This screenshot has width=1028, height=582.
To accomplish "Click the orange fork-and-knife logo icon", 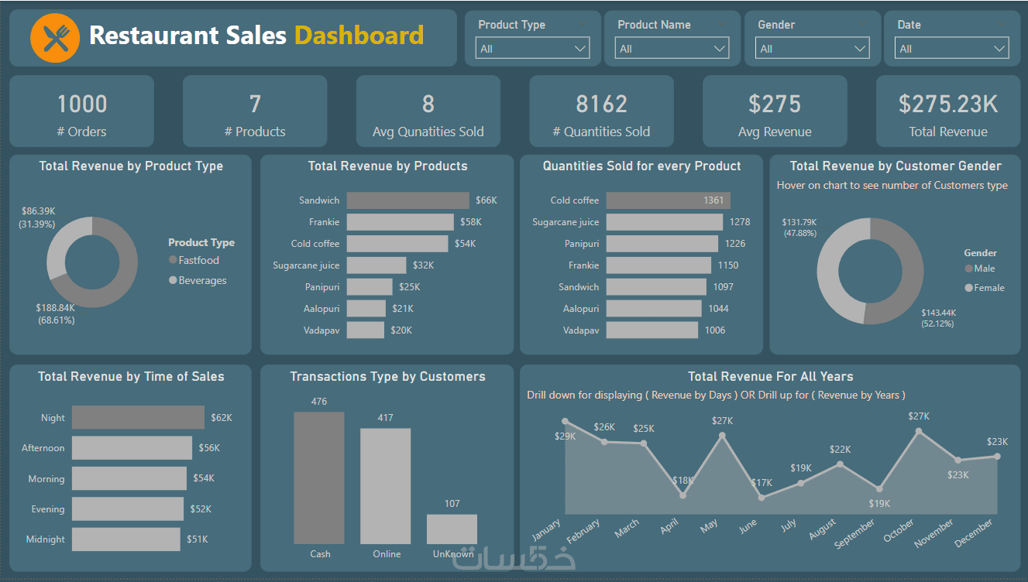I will click(x=55, y=38).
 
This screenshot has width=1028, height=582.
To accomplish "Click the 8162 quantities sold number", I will click(x=601, y=104).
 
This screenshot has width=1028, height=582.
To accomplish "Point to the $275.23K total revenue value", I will click(x=947, y=104).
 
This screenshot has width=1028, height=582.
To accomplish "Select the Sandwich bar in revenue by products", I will click(x=407, y=200).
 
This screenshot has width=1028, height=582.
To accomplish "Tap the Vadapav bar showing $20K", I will click(x=366, y=330).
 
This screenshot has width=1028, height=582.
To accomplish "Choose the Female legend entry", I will click(x=988, y=288).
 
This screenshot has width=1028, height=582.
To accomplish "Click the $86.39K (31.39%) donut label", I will click(x=38, y=217).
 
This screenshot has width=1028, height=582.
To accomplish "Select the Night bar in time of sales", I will click(x=138, y=418).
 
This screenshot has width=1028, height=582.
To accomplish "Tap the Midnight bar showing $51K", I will click(x=125, y=539).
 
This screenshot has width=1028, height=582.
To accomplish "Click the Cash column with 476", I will click(x=319, y=478).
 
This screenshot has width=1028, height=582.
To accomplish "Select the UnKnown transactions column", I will click(x=452, y=529).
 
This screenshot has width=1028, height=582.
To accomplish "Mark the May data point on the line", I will click(x=723, y=435).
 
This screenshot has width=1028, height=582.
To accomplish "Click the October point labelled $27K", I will click(x=919, y=431).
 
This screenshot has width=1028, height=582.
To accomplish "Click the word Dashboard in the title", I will click(x=359, y=36).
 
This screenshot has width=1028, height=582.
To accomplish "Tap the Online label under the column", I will click(x=387, y=554).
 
